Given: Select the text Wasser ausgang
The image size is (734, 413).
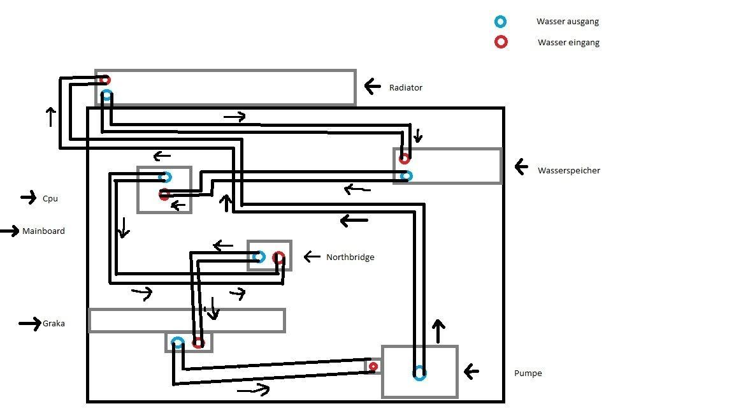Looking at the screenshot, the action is [567, 22].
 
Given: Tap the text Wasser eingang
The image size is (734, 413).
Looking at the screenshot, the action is [568, 43].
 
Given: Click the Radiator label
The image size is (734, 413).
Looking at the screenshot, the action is [405, 87].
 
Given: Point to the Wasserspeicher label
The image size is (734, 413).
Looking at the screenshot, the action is [569, 170].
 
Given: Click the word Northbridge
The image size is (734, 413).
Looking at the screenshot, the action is [350, 257].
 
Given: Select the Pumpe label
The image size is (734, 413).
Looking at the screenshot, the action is [528, 373].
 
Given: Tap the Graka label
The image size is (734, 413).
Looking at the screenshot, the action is [54, 324].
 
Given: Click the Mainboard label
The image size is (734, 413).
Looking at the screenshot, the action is [43, 231].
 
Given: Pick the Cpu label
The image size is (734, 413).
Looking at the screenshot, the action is [50, 199].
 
